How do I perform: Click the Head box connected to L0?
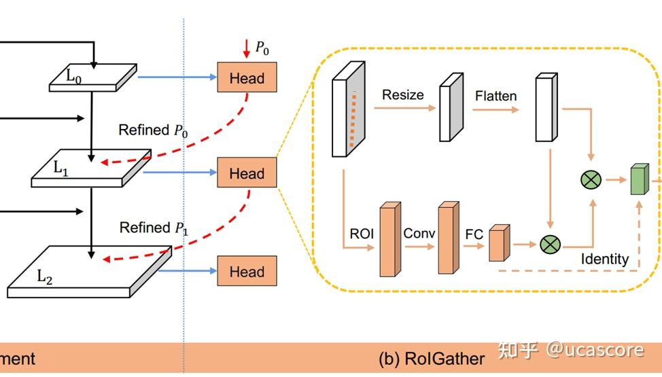[247, 77]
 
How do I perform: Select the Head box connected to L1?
[247, 173]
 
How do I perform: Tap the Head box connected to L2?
[247, 271]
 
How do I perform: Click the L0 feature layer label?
[73, 77]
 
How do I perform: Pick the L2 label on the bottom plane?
[45, 276]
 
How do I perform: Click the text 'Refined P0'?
[153, 130]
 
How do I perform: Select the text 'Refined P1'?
[154, 228]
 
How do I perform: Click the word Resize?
[402, 95]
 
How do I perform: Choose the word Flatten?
[495, 96]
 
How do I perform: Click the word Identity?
[604, 259]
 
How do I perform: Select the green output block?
[639, 179]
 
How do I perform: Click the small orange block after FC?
[498, 243]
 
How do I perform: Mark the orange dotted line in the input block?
[352, 119]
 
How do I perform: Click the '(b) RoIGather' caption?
[432, 359]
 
